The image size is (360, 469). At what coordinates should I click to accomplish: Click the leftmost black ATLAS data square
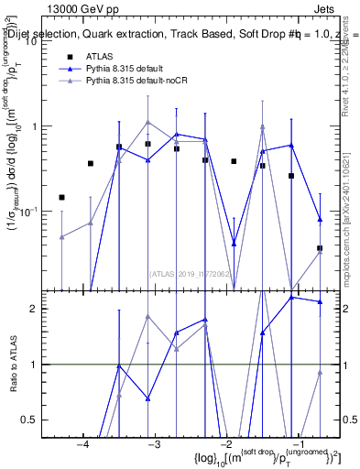(61, 197)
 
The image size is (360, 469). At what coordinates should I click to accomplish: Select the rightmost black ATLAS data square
(320, 248)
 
